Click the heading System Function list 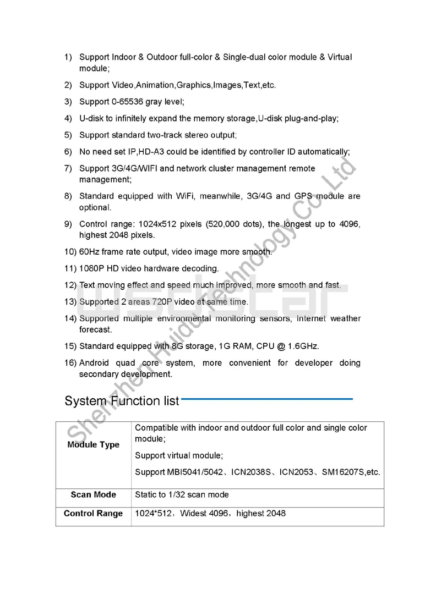coord(122,401)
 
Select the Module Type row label coord(93,445)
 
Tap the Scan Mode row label coord(93,495)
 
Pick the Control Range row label coord(93,514)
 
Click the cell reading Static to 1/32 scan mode coord(182,495)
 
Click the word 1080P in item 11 coord(90,269)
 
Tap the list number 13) coord(70,302)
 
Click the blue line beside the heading coord(266,399)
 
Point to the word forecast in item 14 coord(95,330)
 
